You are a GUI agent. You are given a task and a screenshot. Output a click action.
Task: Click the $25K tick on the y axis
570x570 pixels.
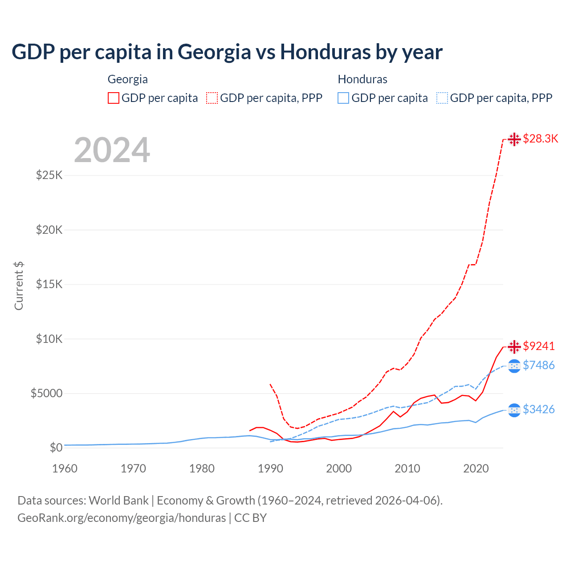(49, 175)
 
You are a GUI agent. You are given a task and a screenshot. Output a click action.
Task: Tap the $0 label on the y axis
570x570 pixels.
(56, 448)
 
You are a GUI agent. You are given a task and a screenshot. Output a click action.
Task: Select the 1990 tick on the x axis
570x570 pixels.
(270, 468)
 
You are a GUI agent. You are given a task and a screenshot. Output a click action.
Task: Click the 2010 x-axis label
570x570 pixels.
(407, 468)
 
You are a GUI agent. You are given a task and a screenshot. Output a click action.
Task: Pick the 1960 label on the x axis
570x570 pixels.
(65, 468)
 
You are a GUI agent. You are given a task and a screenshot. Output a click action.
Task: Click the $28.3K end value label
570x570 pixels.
(540, 138)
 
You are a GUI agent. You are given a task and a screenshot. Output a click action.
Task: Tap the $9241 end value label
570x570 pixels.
(539, 346)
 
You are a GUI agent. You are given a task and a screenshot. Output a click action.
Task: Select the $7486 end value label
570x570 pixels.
(539, 365)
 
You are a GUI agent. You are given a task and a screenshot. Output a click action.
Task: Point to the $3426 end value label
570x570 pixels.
(539, 409)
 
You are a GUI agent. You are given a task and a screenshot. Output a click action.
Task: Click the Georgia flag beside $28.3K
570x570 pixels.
(514, 139)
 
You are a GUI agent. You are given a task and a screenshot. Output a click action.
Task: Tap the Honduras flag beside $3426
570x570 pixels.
(514, 410)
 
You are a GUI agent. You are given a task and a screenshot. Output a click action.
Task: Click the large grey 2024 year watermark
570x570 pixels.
(112, 150)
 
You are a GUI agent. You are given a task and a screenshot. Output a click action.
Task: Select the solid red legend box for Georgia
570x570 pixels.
(114, 98)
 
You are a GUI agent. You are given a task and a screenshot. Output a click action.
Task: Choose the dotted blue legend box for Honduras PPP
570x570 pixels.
(442, 98)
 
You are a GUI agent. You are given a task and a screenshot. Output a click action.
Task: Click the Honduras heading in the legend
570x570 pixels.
(362, 79)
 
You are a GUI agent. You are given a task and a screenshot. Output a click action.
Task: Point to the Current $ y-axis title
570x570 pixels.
(19, 286)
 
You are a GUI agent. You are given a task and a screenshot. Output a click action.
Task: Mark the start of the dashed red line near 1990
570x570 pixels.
(270, 384)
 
